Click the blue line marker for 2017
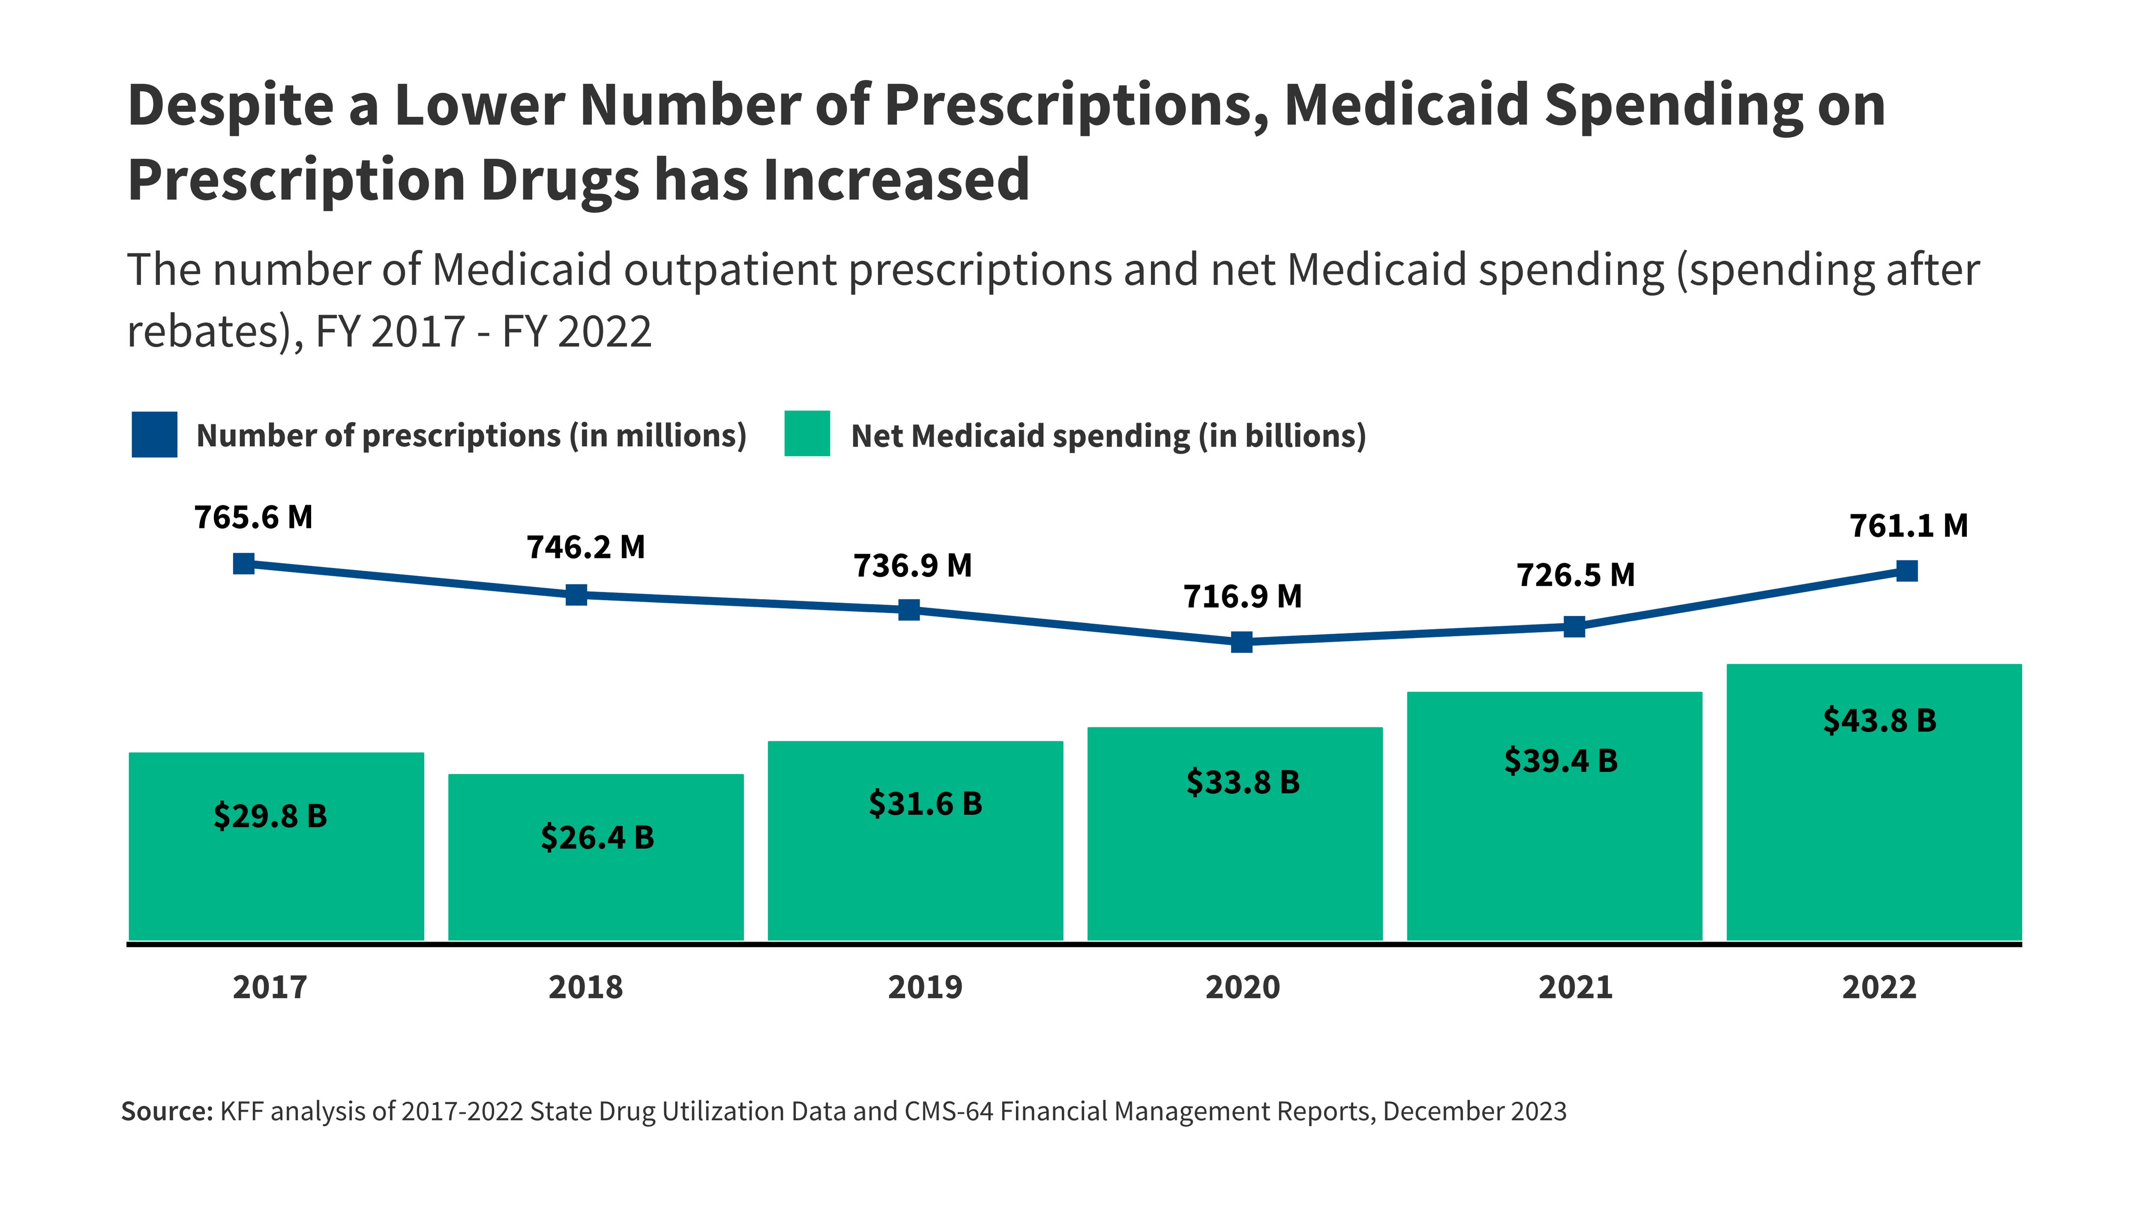[244, 564]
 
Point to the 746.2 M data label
[585, 547]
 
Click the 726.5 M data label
[1576, 575]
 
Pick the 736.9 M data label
[912, 566]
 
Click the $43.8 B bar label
[1879, 720]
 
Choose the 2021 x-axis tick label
[1575, 987]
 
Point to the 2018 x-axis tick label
[585, 987]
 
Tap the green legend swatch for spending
[807, 434]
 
